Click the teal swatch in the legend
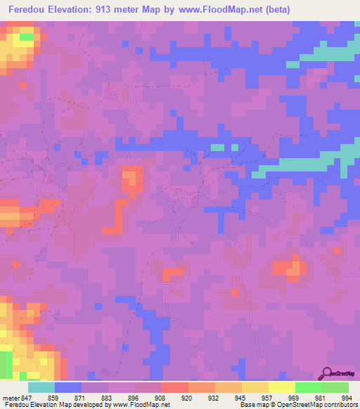(41, 387)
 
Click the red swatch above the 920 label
(174, 387)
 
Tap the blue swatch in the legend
(68, 387)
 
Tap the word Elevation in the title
(72, 10)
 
